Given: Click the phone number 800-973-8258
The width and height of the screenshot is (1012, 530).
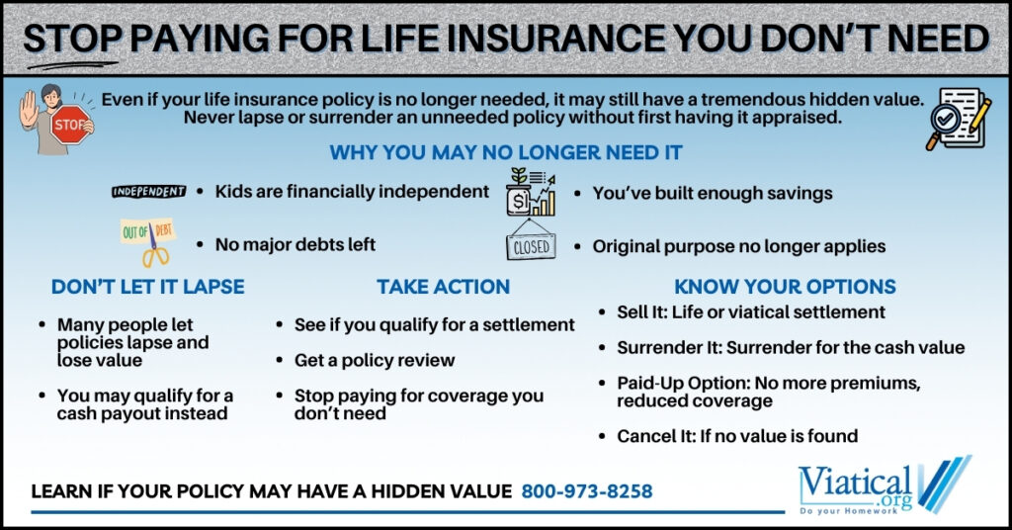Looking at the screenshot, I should (x=587, y=490).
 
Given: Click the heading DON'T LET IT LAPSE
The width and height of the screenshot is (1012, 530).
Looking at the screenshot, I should (x=147, y=287).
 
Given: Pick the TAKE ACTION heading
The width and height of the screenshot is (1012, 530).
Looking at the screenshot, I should (x=443, y=287).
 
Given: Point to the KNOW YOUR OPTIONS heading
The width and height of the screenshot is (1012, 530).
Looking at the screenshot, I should (x=785, y=287).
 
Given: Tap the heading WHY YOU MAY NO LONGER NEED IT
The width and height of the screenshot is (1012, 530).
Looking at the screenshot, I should (x=505, y=153).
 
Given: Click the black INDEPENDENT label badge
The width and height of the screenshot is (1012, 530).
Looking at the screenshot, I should (x=148, y=191).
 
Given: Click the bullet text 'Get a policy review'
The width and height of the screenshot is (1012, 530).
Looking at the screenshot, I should (x=375, y=360).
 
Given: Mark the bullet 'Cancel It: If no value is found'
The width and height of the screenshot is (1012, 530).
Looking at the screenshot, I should (x=737, y=435).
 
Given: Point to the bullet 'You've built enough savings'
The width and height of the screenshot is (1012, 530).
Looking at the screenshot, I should (x=712, y=194).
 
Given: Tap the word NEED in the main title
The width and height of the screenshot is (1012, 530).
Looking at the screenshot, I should (x=931, y=38).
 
